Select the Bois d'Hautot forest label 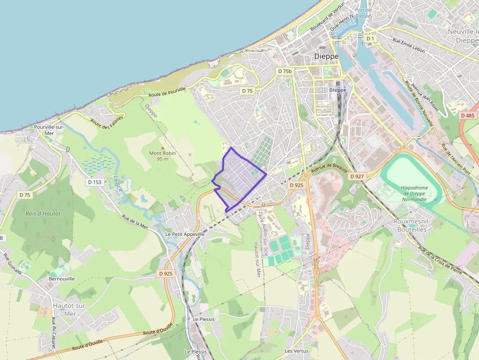point(43,213)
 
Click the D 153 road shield point(95,182)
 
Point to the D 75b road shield point(284,71)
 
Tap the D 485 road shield point(468,115)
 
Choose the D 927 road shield point(357,176)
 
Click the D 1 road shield point(370,38)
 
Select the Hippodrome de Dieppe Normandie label point(414,193)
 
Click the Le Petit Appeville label point(185,234)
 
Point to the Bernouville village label point(62,279)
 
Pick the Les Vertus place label point(297,351)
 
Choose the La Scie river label point(117,183)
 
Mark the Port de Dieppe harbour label point(363,13)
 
